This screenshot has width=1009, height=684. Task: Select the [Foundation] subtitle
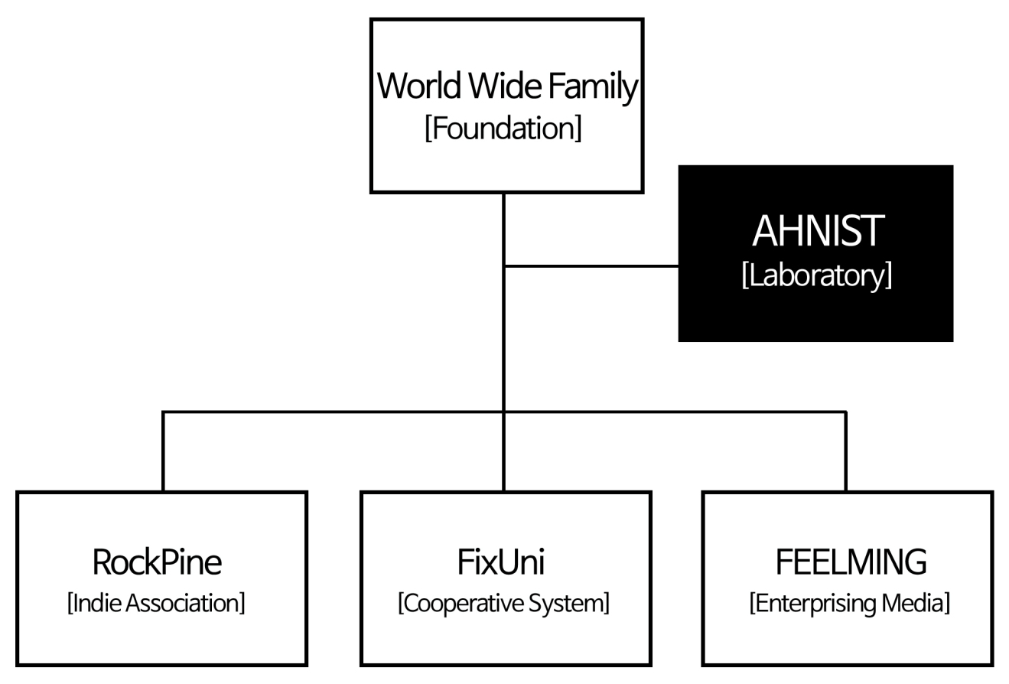tap(503, 128)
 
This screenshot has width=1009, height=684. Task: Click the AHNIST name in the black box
tap(818, 231)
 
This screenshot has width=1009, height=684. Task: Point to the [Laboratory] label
tap(816, 275)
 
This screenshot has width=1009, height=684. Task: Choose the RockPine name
tap(157, 562)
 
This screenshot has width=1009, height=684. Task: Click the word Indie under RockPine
tap(96, 603)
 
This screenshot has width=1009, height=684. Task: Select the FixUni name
tap(501, 562)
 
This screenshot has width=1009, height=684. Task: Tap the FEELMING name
tap(851, 562)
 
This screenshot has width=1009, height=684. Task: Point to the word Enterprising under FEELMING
tap(812, 603)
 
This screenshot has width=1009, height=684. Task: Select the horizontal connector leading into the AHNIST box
tap(591, 266)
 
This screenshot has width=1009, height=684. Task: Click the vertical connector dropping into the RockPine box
tap(163, 451)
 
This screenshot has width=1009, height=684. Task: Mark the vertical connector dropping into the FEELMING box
tap(845, 451)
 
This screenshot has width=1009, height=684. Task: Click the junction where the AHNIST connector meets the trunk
tap(503, 266)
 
